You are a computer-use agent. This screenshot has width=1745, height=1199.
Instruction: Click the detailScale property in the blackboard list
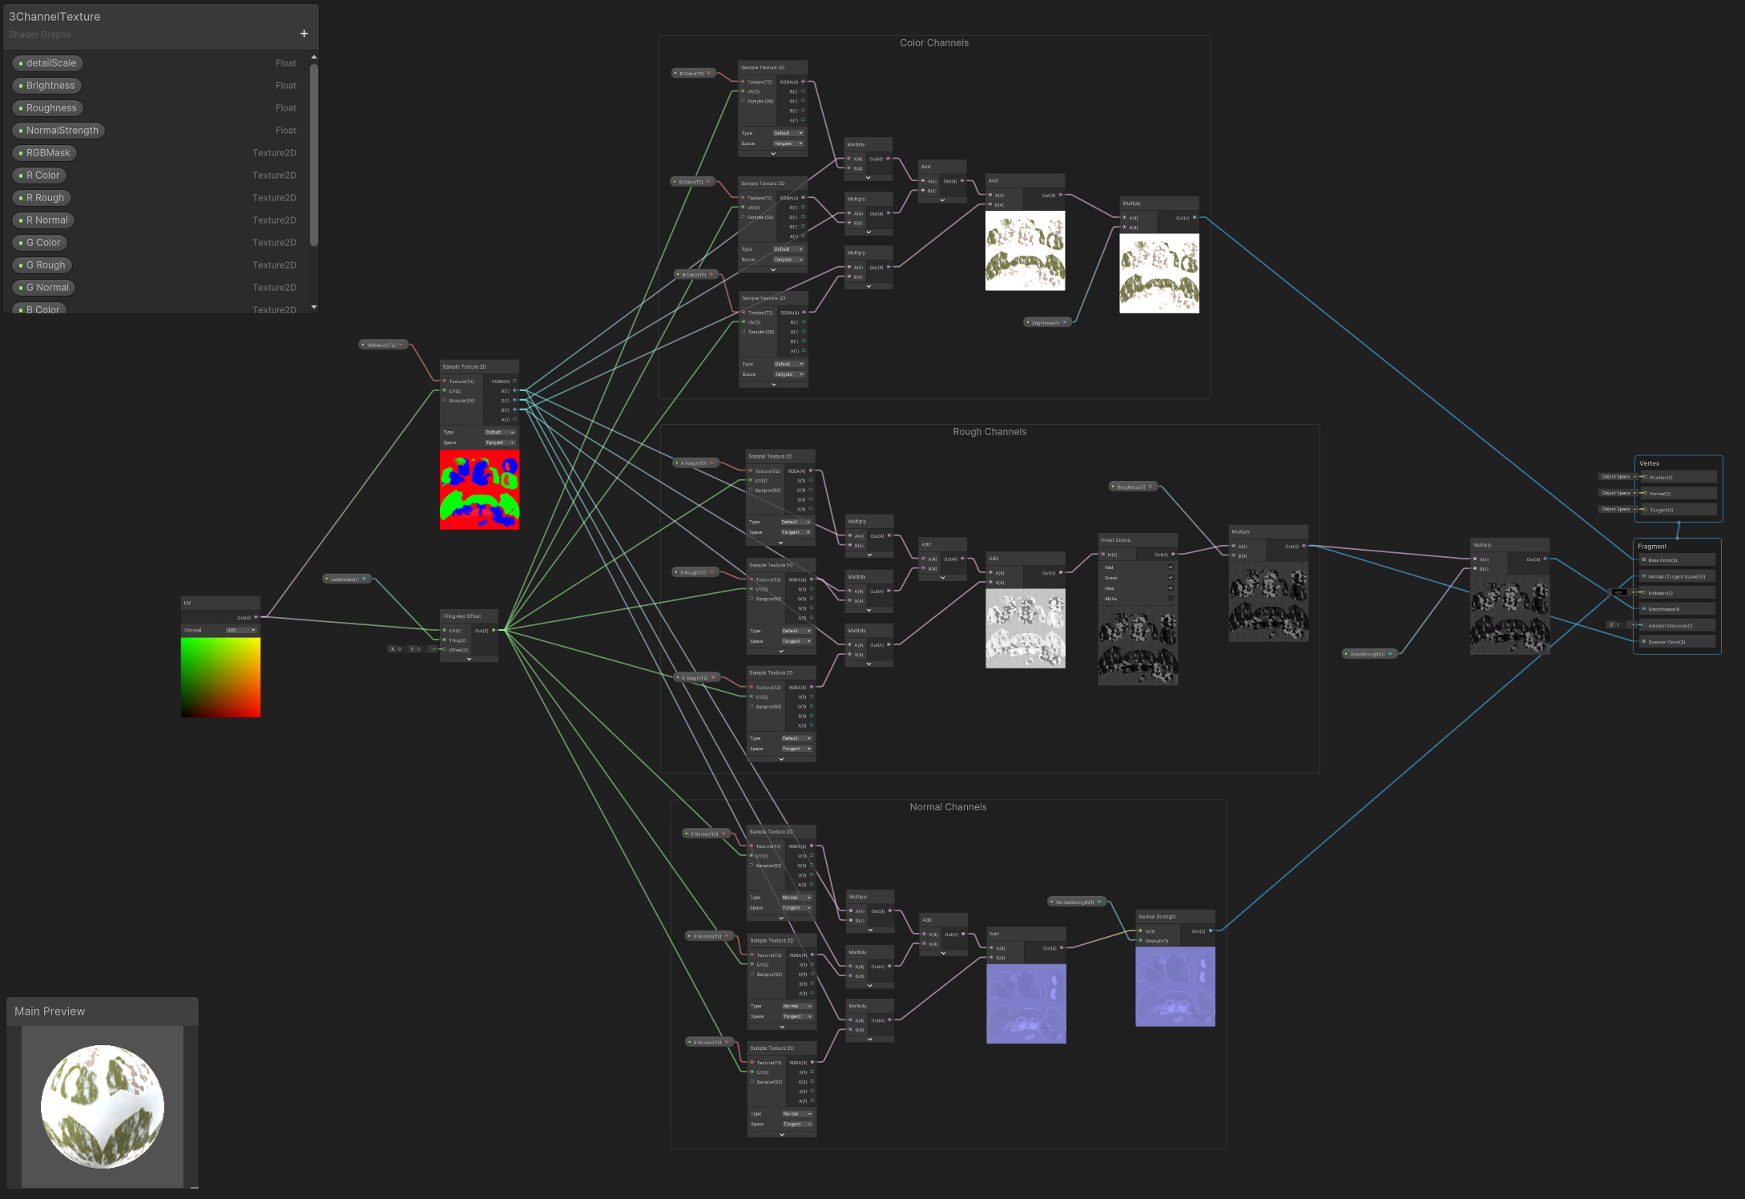point(50,63)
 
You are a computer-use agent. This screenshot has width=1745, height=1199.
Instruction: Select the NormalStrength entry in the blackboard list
point(62,131)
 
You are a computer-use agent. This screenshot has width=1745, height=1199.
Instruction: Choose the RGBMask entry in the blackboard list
point(48,153)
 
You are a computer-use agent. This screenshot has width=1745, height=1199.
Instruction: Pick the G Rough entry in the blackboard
point(46,265)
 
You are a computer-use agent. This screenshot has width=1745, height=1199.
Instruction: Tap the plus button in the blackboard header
point(304,34)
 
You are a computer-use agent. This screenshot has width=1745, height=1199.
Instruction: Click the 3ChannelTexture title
point(54,17)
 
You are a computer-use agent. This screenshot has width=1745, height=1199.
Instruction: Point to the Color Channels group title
point(933,43)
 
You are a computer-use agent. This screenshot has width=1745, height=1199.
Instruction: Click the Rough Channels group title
point(989,432)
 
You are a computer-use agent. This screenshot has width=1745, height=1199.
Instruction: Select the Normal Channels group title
point(948,807)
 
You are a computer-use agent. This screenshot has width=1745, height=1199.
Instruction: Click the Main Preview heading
point(50,1011)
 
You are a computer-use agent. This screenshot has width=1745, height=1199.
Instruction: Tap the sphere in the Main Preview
point(103,1106)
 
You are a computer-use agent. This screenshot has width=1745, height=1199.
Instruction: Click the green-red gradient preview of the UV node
point(220,677)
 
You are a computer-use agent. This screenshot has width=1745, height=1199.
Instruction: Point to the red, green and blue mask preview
point(479,490)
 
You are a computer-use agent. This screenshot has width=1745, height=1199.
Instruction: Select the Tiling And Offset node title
point(462,616)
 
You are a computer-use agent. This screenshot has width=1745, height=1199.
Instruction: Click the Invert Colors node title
point(1115,540)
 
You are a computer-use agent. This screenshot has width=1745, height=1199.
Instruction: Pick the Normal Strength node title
point(1157,917)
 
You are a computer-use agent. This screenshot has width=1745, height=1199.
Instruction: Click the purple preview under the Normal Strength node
point(1175,987)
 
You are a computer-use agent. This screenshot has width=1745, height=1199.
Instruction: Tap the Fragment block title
point(1651,547)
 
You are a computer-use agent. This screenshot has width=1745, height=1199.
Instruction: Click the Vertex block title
point(1649,463)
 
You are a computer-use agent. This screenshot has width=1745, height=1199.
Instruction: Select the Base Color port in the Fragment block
point(1662,560)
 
